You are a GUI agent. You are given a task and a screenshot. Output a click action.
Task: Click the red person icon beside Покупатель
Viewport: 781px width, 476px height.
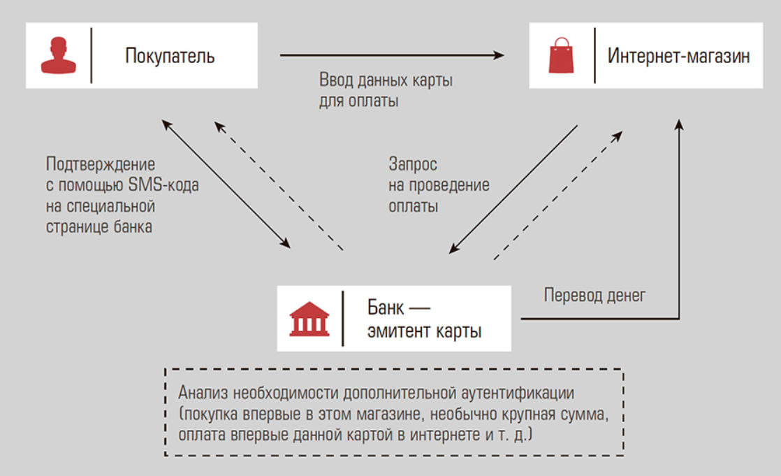(x=58, y=55)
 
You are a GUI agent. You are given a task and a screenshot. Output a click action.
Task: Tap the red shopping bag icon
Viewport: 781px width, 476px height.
(x=561, y=55)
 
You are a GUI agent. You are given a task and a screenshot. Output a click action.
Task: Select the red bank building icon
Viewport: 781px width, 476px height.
(x=309, y=319)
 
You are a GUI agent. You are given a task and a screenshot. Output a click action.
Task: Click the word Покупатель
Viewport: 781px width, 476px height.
(x=170, y=56)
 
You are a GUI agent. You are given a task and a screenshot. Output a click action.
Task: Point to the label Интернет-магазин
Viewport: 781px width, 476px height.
(x=678, y=56)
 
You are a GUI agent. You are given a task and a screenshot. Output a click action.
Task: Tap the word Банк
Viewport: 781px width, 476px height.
(x=386, y=308)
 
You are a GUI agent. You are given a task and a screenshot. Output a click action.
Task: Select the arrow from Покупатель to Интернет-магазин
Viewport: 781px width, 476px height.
(x=392, y=55)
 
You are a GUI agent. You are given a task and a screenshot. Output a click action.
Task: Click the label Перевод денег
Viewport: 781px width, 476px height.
(x=594, y=296)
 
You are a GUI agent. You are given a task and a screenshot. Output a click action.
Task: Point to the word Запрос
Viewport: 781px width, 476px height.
(x=413, y=164)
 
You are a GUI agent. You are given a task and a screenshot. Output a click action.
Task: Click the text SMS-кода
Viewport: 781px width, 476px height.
(x=163, y=185)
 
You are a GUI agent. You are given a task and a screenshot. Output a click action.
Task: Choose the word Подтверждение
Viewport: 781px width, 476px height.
(x=101, y=164)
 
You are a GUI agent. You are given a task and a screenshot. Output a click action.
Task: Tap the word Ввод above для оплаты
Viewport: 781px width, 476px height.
(x=336, y=80)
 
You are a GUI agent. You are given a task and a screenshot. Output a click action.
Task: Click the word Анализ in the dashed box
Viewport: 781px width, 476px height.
(x=203, y=393)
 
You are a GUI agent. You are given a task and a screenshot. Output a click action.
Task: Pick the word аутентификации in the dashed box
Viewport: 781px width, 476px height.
(x=518, y=394)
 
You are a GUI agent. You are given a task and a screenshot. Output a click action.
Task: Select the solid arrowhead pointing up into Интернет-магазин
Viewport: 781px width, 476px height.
(x=679, y=124)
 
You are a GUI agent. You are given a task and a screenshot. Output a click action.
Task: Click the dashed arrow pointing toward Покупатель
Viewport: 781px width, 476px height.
(x=279, y=185)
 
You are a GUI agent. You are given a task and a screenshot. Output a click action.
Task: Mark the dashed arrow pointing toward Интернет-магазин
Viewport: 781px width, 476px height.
(x=558, y=196)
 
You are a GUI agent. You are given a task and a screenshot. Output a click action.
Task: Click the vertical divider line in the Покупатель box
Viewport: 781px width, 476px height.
(x=91, y=55)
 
